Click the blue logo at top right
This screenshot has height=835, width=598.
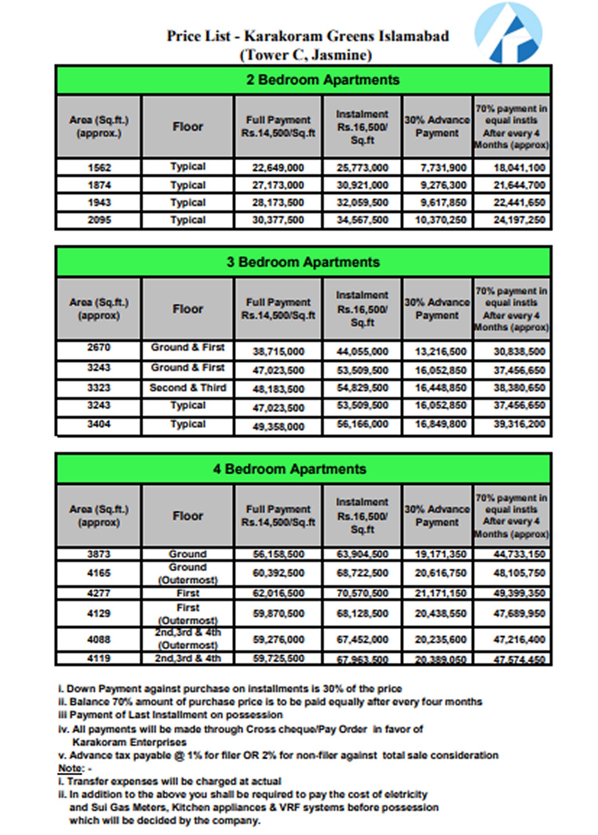click(508, 33)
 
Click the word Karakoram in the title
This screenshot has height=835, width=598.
click(283, 36)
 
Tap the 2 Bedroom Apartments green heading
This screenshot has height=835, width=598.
click(323, 80)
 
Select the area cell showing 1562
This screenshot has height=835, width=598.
click(99, 167)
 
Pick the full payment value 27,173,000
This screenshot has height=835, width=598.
click(278, 185)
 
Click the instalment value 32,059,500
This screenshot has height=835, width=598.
click(362, 202)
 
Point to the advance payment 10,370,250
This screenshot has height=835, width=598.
click(441, 220)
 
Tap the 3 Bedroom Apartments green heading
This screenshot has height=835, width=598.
click(303, 262)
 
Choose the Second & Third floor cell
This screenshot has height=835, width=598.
click(187, 388)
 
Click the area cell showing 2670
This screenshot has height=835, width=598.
click(98, 347)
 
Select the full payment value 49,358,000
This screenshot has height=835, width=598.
click(278, 427)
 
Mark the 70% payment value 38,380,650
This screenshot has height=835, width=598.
click(519, 388)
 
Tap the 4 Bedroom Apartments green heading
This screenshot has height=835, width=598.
click(289, 469)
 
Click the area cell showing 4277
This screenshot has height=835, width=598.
click(98, 593)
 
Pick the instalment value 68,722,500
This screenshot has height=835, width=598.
click(362, 573)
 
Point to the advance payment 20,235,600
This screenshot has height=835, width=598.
click(441, 639)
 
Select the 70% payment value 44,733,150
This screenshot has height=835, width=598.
click(519, 554)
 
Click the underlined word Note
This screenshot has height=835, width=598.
click(71, 768)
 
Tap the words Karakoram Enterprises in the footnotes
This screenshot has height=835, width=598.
click(129, 742)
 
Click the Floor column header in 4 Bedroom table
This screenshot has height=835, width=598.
click(187, 516)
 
